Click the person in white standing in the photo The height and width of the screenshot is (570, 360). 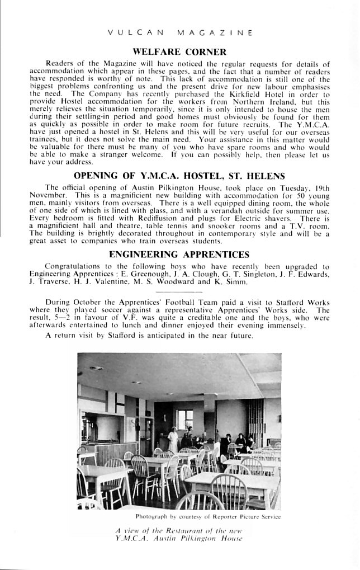pyautogui.click(x=173, y=439)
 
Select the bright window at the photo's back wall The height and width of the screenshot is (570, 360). pyautogui.click(x=184, y=418)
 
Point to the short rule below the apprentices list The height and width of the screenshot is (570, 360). pyautogui.click(x=179, y=291)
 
